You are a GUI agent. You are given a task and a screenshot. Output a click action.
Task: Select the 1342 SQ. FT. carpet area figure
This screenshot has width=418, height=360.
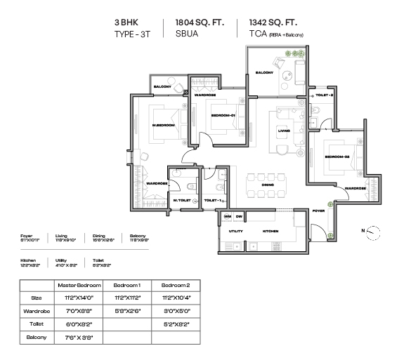coord(270,22)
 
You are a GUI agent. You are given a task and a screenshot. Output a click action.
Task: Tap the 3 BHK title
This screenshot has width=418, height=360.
coord(127,22)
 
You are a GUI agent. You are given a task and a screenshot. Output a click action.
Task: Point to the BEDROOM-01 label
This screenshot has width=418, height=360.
coord(223,116)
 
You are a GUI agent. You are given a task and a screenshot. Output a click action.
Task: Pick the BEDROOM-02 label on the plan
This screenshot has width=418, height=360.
coord(337,156)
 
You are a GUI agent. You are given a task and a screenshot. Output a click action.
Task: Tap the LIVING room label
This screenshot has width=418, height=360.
coord(284,131)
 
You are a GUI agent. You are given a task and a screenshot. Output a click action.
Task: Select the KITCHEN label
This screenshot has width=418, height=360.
coord(272,231)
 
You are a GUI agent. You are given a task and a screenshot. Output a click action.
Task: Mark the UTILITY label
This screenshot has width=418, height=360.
coord(235,231)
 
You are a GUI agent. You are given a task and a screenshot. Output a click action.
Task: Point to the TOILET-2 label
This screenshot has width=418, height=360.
coord(324,93)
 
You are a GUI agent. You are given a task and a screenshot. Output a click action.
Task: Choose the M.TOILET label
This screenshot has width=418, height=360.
coord(183,201)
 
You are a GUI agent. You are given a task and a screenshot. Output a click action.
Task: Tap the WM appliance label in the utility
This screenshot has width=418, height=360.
coord(228,216)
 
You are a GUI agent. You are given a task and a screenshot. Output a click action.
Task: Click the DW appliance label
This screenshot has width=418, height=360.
coord(239,216)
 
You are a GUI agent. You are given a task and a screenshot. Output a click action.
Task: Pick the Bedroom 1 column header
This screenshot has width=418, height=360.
coord(126,285)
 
